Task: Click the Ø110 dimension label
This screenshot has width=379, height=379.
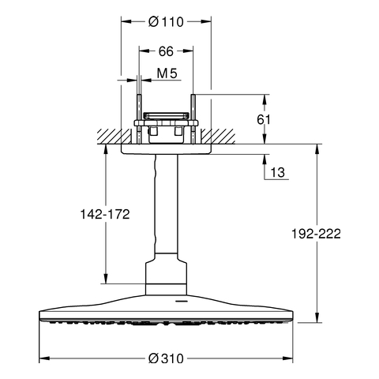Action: [x=166, y=22]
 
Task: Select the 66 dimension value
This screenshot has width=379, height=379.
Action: [x=166, y=51]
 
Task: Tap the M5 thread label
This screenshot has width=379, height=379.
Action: [x=167, y=73]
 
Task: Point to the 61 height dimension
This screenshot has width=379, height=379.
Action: [x=264, y=120]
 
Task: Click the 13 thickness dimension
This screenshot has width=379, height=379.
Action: [x=278, y=173]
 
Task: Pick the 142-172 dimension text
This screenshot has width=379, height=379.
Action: [x=105, y=214]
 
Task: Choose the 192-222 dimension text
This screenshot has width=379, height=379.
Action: [x=316, y=234]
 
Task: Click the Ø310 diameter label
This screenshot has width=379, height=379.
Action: [x=166, y=358]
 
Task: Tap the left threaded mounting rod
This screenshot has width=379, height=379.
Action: [x=139, y=119]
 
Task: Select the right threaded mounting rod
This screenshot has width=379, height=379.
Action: [x=193, y=119]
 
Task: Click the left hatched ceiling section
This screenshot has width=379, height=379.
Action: [x=114, y=137]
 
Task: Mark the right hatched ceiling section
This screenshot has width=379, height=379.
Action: [x=218, y=137]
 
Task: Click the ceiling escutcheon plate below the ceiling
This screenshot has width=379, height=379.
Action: [x=166, y=149]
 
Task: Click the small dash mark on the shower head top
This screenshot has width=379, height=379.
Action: [x=181, y=301]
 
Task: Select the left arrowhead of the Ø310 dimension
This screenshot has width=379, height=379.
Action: [x=44, y=358]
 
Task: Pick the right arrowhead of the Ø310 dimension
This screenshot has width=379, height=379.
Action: [x=287, y=358]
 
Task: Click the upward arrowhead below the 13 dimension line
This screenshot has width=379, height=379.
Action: [x=265, y=159]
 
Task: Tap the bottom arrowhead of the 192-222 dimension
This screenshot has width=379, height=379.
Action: [x=317, y=317]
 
